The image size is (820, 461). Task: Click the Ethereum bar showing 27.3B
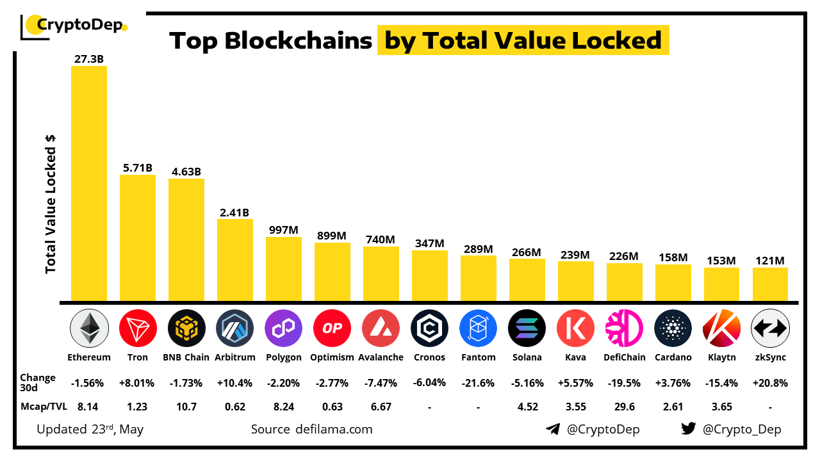pyautogui.click(x=88, y=182)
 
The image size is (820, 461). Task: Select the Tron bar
pyautogui.click(x=137, y=237)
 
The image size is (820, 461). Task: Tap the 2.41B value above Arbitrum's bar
pyautogui.click(x=234, y=212)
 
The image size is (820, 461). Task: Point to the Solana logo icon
pyautogui.click(x=527, y=328)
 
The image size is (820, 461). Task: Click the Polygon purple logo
pyautogui.click(x=283, y=328)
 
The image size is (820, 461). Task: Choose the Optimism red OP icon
pyautogui.click(x=332, y=328)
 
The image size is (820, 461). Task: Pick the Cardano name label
pyautogui.click(x=673, y=357)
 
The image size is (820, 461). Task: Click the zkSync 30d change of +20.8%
pyautogui.click(x=770, y=383)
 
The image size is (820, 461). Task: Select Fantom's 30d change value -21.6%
pyautogui.click(x=478, y=383)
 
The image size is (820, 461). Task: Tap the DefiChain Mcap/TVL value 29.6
pyautogui.click(x=624, y=406)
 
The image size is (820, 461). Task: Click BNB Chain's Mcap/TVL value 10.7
pyautogui.click(x=186, y=406)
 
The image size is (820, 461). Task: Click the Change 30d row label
pyautogui.click(x=38, y=383)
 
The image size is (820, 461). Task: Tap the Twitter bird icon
pyautogui.click(x=689, y=429)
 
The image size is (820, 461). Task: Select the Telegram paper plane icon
pyautogui.click(x=553, y=429)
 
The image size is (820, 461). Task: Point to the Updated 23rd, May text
pyautogui.click(x=90, y=429)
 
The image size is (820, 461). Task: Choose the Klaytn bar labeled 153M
pyautogui.click(x=721, y=284)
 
